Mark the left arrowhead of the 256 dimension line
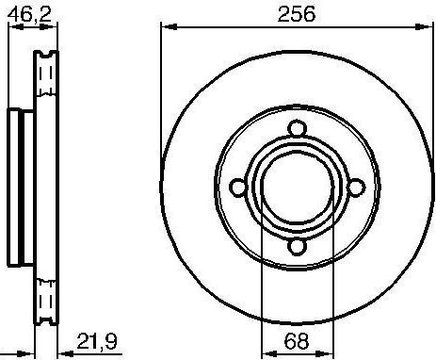[x=166, y=30]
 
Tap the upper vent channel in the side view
[x=41, y=80]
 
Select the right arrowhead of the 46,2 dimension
[x=55, y=30]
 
